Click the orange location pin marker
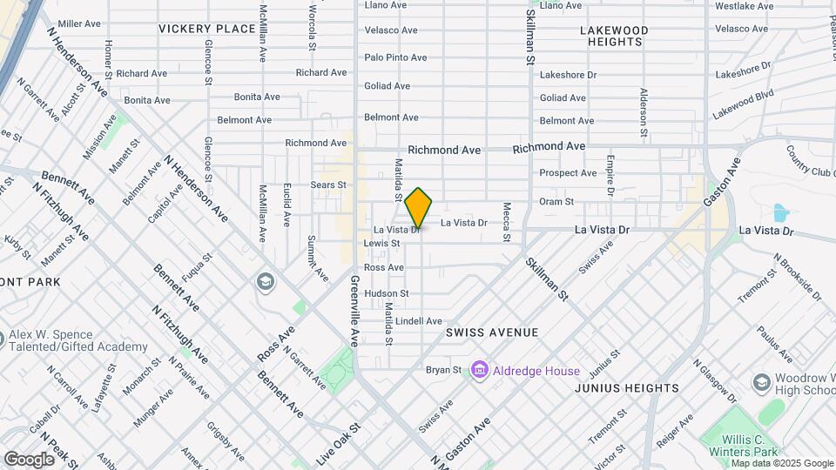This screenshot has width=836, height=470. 419,208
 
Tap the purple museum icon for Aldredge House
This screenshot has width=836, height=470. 478,371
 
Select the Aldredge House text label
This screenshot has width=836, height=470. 537,372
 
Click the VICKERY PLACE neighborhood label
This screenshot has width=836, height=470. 206,29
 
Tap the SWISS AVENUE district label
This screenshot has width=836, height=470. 492,332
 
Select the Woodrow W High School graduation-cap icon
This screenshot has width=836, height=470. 762,383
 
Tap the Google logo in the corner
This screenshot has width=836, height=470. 29,459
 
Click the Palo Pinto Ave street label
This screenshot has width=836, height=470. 395,57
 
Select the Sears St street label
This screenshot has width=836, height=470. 328,185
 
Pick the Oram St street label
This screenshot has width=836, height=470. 556,201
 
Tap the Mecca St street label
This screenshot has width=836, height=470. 506,222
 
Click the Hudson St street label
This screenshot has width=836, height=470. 386,293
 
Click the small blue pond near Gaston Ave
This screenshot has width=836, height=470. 780,212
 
